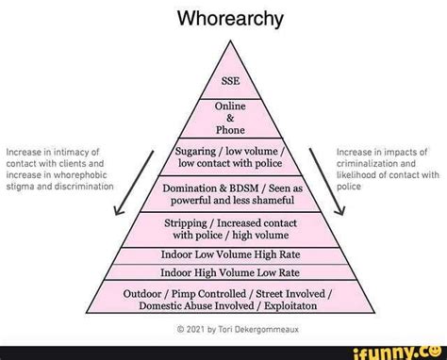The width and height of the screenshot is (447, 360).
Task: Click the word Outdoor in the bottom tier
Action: click(x=147, y=293)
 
